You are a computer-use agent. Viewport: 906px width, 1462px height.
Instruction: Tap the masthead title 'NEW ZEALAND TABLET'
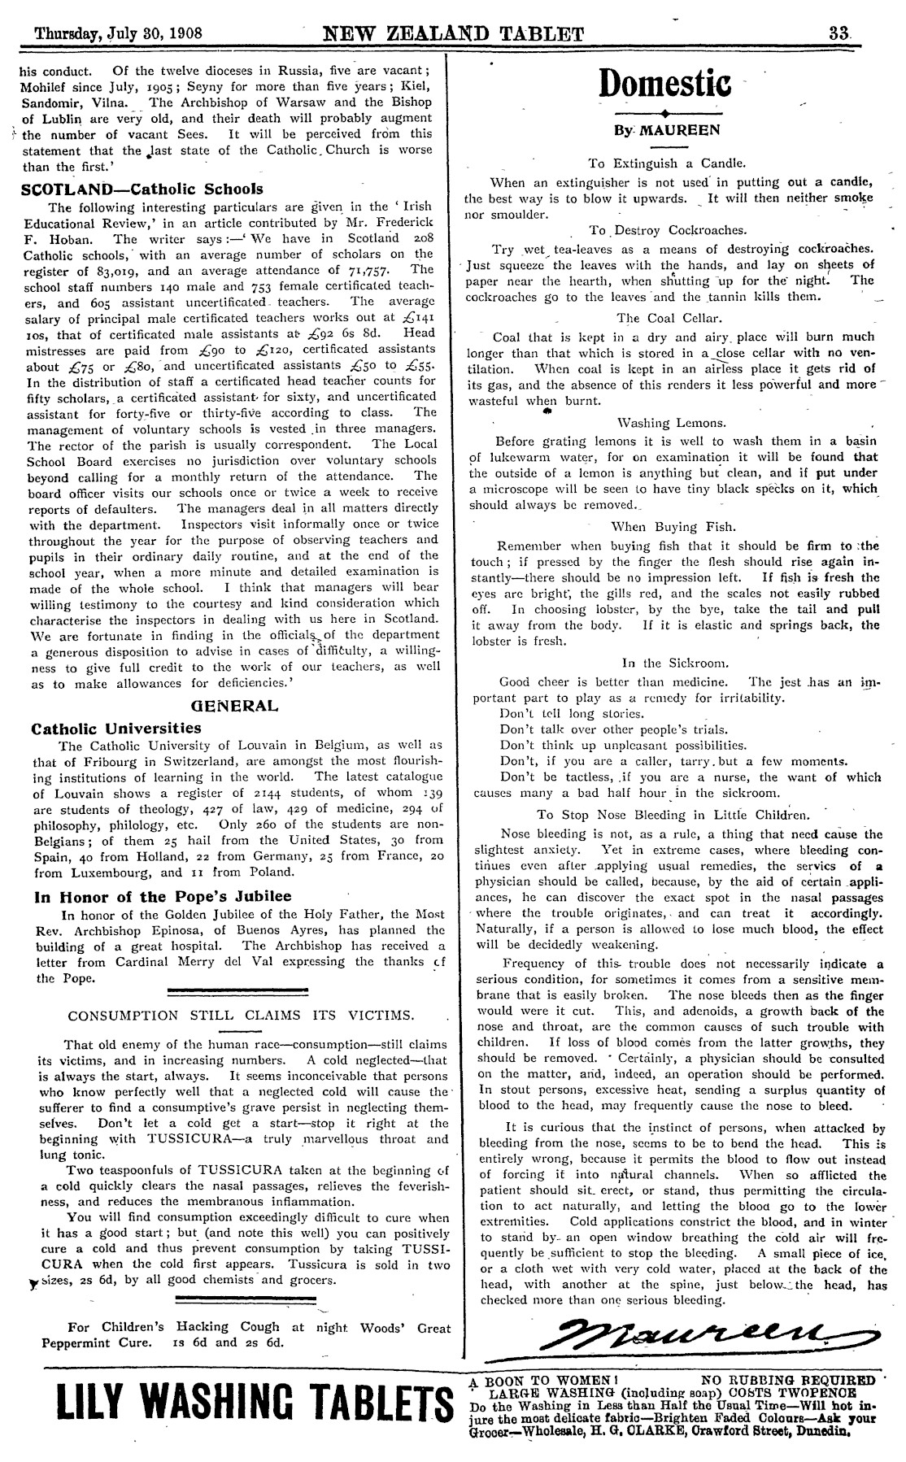pyautogui.click(x=454, y=34)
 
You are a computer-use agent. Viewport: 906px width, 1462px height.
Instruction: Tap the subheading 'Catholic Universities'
pyautogui.click(x=115, y=728)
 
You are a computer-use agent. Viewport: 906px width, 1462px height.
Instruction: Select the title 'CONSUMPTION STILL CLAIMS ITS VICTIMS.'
pyautogui.click(x=241, y=1015)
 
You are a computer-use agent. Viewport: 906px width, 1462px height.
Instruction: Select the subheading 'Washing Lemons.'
pyautogui.click(x=672, y=423)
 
